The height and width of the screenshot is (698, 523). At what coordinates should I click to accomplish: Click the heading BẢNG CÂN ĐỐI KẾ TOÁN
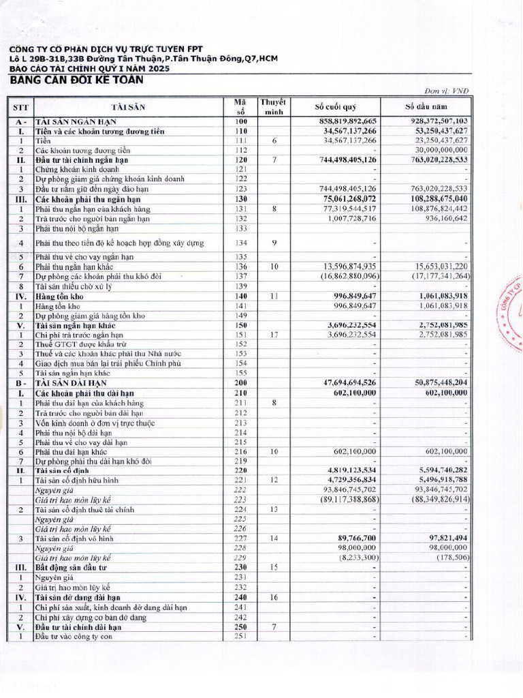76,80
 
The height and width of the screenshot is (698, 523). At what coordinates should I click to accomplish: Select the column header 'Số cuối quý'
336,107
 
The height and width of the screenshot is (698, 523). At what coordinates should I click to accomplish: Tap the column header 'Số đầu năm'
426,107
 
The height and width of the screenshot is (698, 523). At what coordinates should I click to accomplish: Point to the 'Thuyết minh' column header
273,107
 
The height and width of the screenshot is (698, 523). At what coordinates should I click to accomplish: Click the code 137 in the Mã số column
240,277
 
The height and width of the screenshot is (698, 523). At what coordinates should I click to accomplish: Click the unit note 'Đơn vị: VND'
446,91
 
